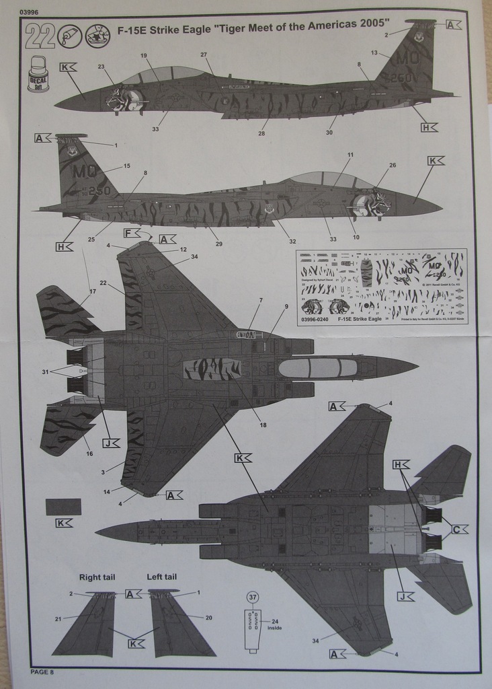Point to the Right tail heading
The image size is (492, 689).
click(x=97, y=577)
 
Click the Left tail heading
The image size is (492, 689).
click(x=162, y=577)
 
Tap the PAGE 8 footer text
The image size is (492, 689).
click(x=42, y=672)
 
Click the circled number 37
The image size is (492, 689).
click(x=253, y=597)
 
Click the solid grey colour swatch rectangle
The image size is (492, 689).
click(x=63, y=507)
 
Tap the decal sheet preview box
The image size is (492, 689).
click(x=381, y=287)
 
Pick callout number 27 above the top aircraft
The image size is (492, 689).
click(x=204, y=55)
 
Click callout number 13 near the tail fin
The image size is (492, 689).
click(x=374, y=52)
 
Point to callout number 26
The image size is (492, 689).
click(x=393, y=165)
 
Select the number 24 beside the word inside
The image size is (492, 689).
click(x=275, y=622)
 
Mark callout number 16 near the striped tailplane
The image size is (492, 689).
click(x=89, y=454)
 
